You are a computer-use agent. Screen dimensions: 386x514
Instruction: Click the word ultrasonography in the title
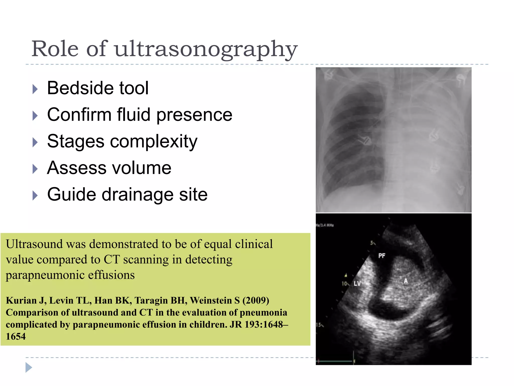pyautogui.click(x=206, y=49)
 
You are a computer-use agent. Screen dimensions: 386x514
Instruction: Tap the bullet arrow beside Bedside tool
pyautogui.click(x=35, y=89)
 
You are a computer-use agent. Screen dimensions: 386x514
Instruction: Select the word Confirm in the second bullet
pyautogui.click(x=79, y=115)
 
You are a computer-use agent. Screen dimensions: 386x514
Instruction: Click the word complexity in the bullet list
pyautogui.click(x=154, y=141)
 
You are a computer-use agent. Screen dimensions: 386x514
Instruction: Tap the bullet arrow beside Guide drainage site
pyautogui.click(x=35, y=196)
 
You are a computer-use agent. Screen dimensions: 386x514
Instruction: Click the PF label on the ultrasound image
pyautogui.click(x=381, y=256)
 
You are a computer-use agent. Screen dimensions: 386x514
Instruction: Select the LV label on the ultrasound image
pyautogui.click(x=357, y=283)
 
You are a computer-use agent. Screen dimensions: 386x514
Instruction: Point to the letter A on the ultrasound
pyautogui.click(x=406, y=281)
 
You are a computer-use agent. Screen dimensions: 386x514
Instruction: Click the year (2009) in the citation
pyautogui.click(x=256, y=301)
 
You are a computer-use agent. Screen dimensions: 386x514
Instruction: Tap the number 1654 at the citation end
pyautogui.click(x=16, y=336)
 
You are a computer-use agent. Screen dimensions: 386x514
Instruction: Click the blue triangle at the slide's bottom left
pyautogui.click(x=29, y=368)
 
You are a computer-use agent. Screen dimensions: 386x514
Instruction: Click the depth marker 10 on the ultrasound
pyautogui.click(x=345, y=283)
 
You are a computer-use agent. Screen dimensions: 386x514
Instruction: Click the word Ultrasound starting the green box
pyautogui.click(x=34, y=244)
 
